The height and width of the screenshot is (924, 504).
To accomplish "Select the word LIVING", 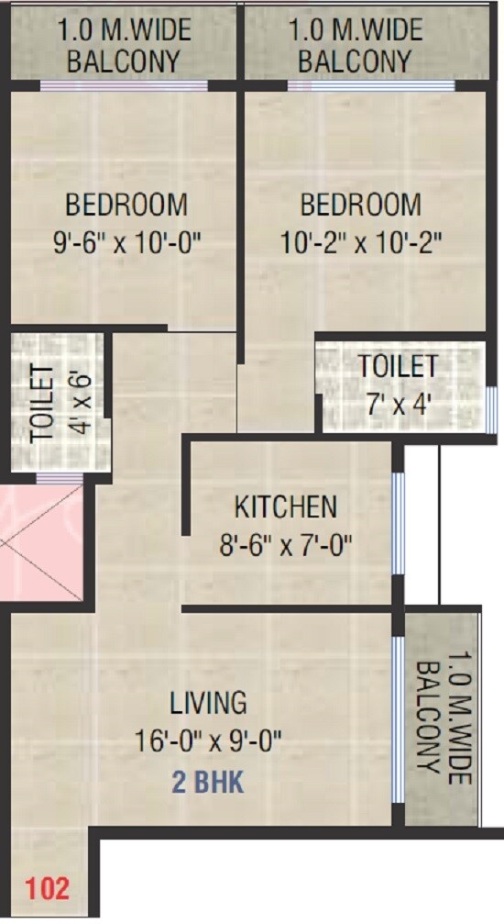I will pyautogui.click(x=208, y=703).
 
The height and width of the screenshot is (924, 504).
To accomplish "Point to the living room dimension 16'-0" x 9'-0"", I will pyautogui.click(x=209, y=739).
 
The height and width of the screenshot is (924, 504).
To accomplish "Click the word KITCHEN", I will pyautogui.click(x=286, y=507).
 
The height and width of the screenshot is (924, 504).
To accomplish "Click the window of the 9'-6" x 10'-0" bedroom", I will pyautogui.click(x=124, y=86).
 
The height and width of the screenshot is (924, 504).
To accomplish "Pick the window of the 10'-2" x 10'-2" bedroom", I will pyautogui.click(x=371, y=86).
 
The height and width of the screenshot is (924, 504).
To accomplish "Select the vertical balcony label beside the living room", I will pyautogui.click(x=443, y=721).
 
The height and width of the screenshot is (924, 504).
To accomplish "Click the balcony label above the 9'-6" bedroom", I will pyautogui.click(x=125, y=46).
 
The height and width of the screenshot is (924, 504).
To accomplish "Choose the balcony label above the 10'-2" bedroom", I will pyautogui.click(x=356, y=46).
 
